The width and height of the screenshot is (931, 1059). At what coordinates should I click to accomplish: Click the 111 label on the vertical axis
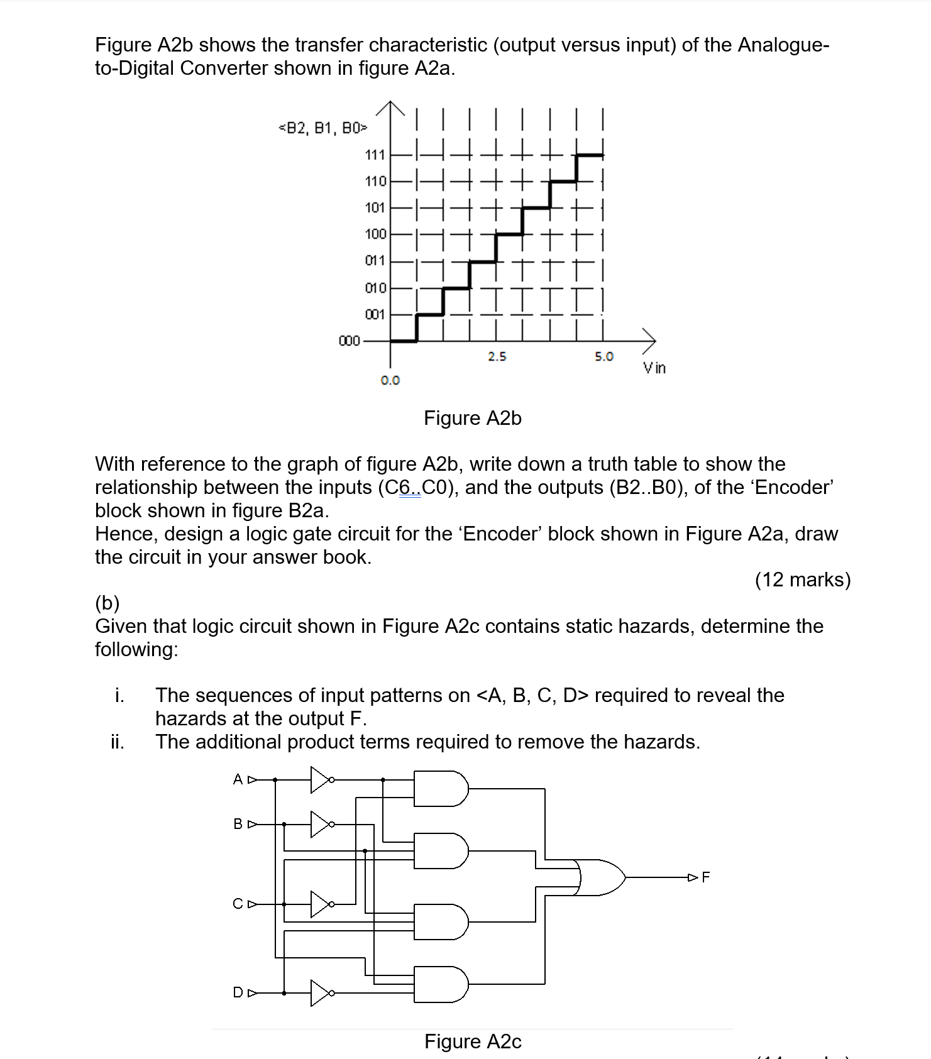pos(375,155)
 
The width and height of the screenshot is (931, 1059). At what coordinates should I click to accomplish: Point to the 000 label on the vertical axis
pos(349,341)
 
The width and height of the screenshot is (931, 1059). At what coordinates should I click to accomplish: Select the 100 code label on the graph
pos(375,234)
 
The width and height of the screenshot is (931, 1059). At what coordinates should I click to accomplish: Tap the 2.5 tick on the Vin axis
pos(497,357)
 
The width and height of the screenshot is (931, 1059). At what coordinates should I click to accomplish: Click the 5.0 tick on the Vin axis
pos(603,357)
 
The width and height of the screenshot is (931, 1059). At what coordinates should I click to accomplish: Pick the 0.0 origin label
pos(390,380)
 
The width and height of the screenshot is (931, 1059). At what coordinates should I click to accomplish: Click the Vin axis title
pos(654,368)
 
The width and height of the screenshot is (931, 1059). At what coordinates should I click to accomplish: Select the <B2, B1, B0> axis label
pos(322,129)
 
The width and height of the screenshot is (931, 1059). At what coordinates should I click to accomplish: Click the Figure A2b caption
pos(472,418)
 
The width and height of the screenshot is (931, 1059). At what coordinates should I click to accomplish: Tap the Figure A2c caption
pos(473,1041)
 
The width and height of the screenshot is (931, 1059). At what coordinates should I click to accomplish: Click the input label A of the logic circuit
pos(238,780)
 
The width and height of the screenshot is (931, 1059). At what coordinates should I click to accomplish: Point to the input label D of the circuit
pos(238,993)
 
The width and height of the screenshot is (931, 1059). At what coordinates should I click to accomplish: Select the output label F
pos(705,877)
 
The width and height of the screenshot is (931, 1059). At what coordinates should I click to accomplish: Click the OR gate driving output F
pos(600,877)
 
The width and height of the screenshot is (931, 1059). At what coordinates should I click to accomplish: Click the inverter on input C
pos(321,904)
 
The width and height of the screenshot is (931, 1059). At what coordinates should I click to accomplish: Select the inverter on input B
pos(321,824)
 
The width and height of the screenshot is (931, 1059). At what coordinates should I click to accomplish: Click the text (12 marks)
pos(803,579)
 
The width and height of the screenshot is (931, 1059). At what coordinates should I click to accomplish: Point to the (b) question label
pos(107,603)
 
